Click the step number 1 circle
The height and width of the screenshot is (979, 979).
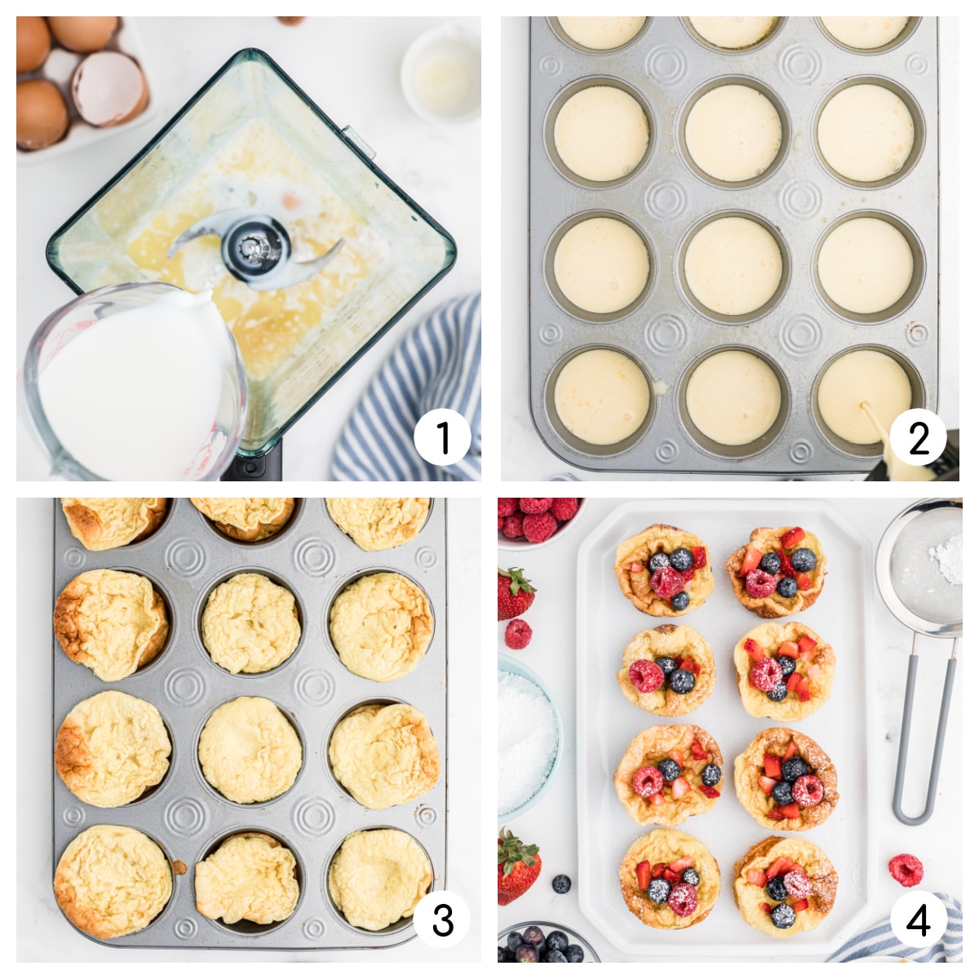point(442,437)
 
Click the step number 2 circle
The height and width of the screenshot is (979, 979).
point(919,437)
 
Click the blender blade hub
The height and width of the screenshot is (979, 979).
point(254,246)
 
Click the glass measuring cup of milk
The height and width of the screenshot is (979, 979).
point(131,383)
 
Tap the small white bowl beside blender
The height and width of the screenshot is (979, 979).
point(441,73)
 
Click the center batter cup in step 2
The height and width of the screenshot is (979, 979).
point(733,265)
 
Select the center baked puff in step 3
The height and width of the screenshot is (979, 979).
point(250,749)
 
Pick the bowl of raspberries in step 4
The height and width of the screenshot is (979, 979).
point(538,517)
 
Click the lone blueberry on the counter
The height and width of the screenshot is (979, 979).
point(560,883)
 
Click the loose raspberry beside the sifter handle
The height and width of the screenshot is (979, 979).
point(906,869)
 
